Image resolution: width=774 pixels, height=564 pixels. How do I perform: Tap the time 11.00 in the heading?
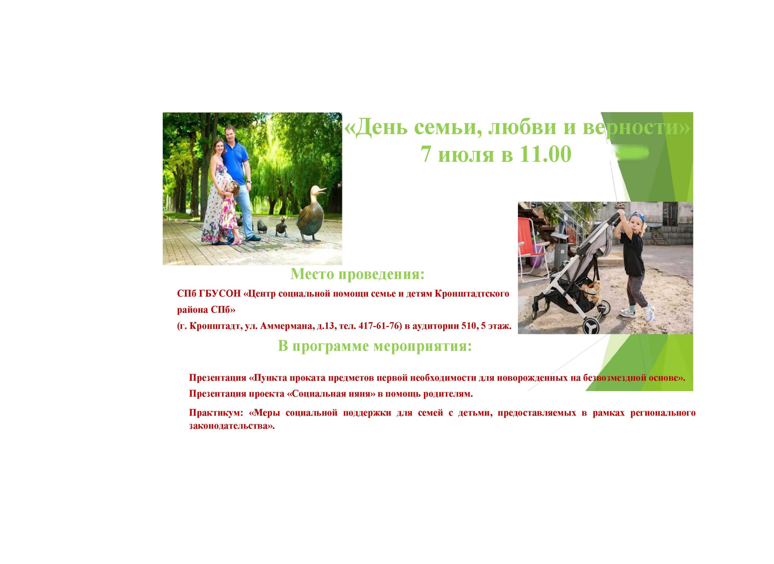tap(545, 154)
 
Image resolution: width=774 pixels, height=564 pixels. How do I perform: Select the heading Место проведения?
tap(357, 274)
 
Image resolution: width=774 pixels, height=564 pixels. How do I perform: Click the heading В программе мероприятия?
tap(375, 346)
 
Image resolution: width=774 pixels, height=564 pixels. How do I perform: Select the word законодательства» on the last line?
tap(232, 426)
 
